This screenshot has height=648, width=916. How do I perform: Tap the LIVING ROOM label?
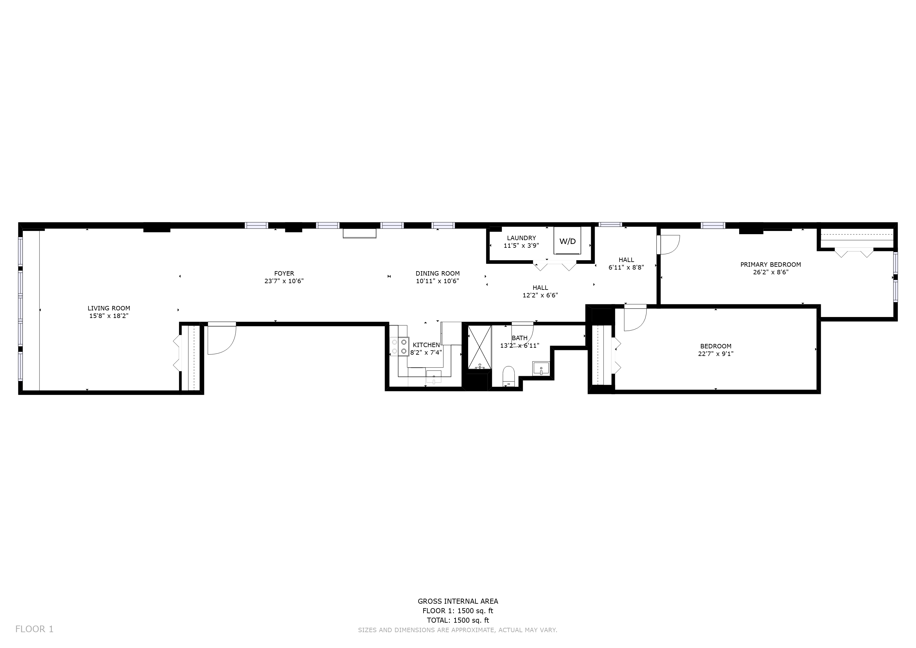click(109, 308)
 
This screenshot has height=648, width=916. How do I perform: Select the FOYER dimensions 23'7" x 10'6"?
click(284, 281)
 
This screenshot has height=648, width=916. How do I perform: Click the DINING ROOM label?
click(438, 273)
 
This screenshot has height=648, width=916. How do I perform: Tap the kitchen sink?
click(434, 377)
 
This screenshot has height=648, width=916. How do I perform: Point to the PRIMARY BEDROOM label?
click(771, 265)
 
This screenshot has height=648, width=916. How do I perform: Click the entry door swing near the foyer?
click(221, 339)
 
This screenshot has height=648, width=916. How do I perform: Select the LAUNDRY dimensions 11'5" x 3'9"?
click(521, 246)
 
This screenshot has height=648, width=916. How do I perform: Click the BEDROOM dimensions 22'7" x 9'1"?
click(715, 353)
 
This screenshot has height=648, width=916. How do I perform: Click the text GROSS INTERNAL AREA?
click(458, 601)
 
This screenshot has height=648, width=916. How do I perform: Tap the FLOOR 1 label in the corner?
click(34, 629)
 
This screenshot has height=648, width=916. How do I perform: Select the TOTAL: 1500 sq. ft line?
click(458, 620)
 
